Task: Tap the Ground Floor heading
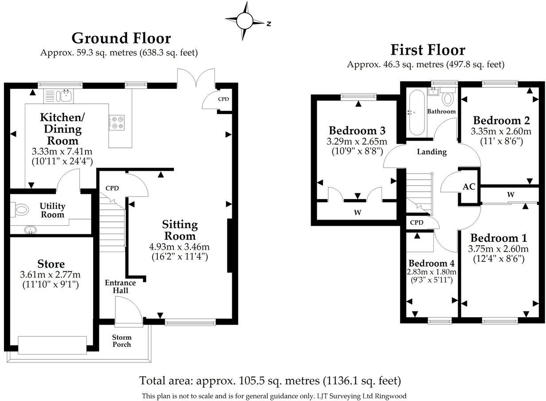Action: [121, 39]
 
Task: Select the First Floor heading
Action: [427, 50]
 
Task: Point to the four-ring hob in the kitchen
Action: [117, 122]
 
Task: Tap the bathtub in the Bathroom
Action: [417, 113]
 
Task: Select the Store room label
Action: [51, 264]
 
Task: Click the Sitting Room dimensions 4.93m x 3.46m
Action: [179, 247]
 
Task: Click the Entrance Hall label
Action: [120, 287]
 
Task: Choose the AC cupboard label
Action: [469, 187]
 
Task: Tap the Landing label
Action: [432, 152]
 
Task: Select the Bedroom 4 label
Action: [432, 263]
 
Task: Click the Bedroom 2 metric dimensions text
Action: [501, 131]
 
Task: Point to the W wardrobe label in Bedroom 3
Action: [357, 212]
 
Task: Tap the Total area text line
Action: [270, 381]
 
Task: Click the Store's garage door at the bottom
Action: [52, 345]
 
